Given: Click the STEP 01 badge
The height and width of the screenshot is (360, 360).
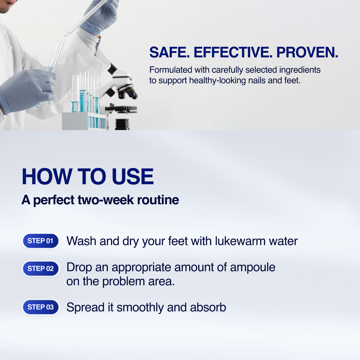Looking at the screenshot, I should [40, 241].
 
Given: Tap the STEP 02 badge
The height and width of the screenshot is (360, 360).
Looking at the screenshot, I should [40, 269].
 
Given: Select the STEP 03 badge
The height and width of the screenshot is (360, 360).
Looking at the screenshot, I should [40, 307].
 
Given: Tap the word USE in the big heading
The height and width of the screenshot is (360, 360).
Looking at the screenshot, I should [133, 177].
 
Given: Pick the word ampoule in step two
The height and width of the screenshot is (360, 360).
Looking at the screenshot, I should [252, 267].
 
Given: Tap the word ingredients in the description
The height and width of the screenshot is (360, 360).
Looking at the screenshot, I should [300, 70].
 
